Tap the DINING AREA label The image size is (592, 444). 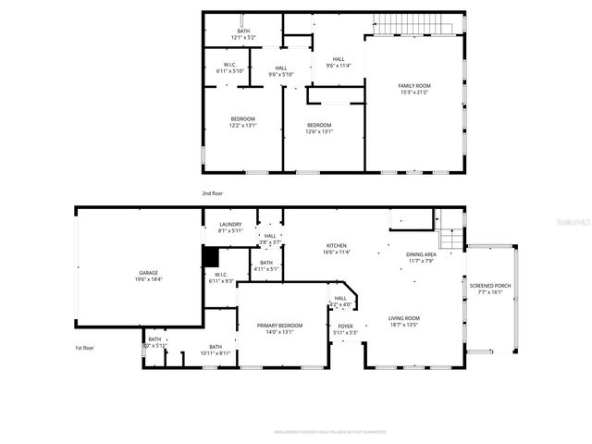point(421,257)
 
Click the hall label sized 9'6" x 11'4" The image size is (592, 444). point(339,62)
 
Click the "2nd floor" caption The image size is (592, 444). point(213,193)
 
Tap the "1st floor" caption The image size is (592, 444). point(85,348)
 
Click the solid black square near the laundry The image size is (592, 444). point(210,256)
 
